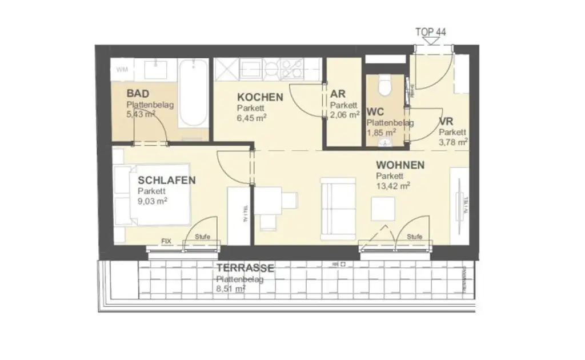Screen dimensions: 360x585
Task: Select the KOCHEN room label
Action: tap(260, 97)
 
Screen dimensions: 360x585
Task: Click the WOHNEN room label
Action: tap(400, 165)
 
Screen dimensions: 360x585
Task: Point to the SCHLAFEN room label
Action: tap(167, 180)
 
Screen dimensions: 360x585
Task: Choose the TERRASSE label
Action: tap(245, 268)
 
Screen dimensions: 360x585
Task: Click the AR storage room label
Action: tap(336, 94)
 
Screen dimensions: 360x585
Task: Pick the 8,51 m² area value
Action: tap(231, 289)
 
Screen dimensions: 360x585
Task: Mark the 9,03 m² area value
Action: tap(152, 201)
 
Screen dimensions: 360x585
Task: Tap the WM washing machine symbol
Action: tap(122, 70)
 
